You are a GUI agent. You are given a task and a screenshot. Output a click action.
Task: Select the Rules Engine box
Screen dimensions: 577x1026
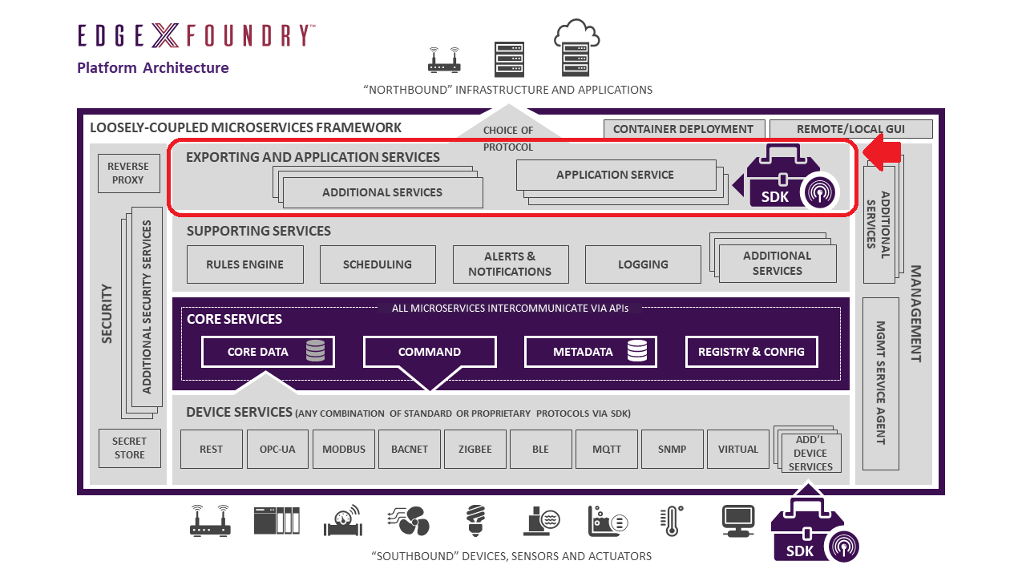point(245,264)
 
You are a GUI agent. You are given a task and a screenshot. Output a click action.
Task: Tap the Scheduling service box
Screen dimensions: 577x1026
point(378,264)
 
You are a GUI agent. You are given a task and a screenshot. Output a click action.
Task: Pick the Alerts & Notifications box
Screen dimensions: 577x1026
point(511,264)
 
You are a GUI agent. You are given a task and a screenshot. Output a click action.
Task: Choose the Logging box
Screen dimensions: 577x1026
point(643,264)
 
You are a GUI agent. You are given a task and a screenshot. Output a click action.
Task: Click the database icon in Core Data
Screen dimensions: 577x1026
point(315,351)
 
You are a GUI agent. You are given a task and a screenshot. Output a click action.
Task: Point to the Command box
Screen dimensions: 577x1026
point(430,352)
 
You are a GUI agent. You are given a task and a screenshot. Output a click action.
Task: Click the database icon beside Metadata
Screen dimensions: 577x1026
point(637,351)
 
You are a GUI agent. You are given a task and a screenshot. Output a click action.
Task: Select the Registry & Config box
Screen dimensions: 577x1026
point(751,352)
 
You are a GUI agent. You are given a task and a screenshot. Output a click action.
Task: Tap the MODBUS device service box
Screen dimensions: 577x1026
point(344,449)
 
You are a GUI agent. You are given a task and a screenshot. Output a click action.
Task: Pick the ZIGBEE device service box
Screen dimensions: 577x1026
point(475,449)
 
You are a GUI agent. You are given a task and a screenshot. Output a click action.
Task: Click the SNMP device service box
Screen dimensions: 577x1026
point(672,449)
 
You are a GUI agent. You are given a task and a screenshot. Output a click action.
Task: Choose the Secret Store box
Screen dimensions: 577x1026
point(129,448)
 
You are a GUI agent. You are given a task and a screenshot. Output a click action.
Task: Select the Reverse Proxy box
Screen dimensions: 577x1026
point(128,173)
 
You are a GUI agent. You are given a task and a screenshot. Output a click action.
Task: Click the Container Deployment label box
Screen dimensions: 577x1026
point(683,129)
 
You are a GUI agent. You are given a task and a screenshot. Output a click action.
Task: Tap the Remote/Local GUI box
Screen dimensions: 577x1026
point(850,129)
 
